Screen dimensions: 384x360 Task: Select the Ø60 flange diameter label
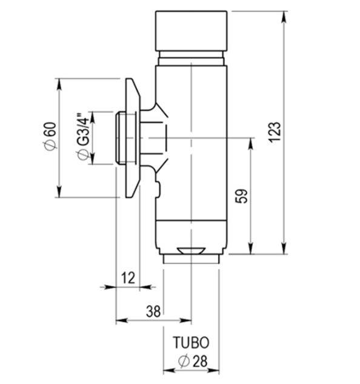[50, 136]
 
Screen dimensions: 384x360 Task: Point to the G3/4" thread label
[83, 136]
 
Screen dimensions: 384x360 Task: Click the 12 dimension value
[128, 278]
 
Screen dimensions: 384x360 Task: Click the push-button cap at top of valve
[191, 31]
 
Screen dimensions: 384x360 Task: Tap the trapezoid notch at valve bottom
[191, 251]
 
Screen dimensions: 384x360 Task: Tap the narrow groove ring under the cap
[191, 58]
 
